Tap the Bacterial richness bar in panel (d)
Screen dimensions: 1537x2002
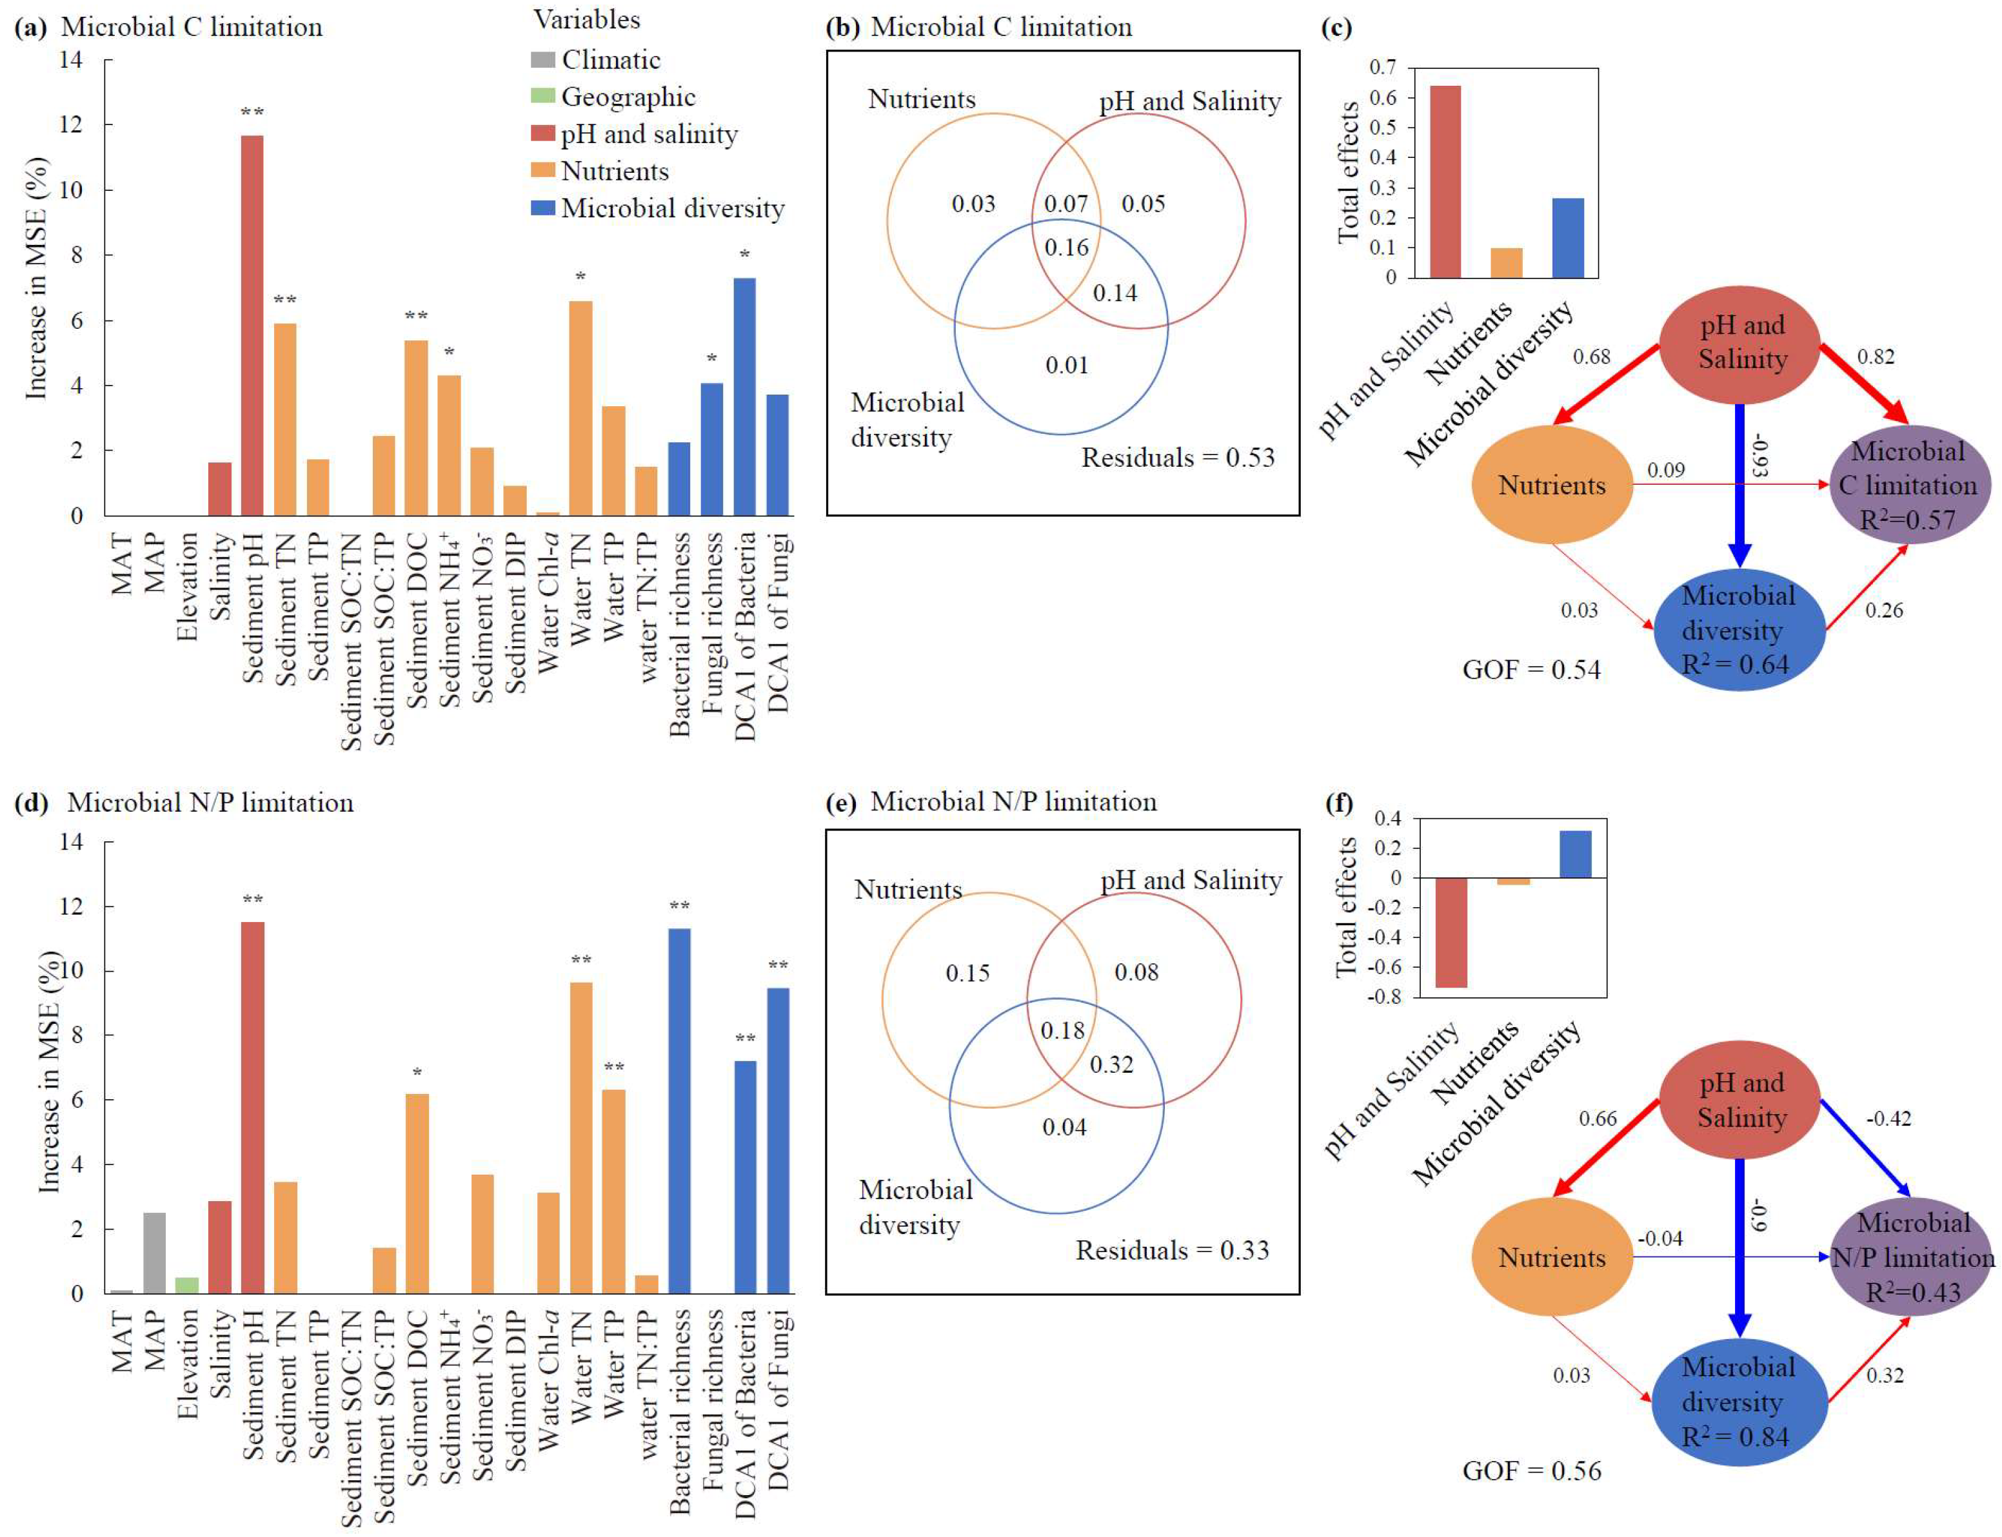coord(679,1111)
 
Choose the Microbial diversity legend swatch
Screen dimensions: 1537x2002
coord(542,209)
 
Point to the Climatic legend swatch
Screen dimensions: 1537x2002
coord(542,61)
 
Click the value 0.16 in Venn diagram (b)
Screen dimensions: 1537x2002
coord(1066,248)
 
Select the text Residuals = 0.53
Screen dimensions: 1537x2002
coord(1178,458)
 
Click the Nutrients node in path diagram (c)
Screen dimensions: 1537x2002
coord(1551,485)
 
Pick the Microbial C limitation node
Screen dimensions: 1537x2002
coord(1908,485)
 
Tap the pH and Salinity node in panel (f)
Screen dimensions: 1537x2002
coord(1741,1100)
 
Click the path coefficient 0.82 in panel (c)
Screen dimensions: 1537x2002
coord(1875,357)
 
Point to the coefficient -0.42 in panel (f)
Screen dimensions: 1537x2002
coord(1890,1118)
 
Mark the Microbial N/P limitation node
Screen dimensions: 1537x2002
coord(1912,1257)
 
